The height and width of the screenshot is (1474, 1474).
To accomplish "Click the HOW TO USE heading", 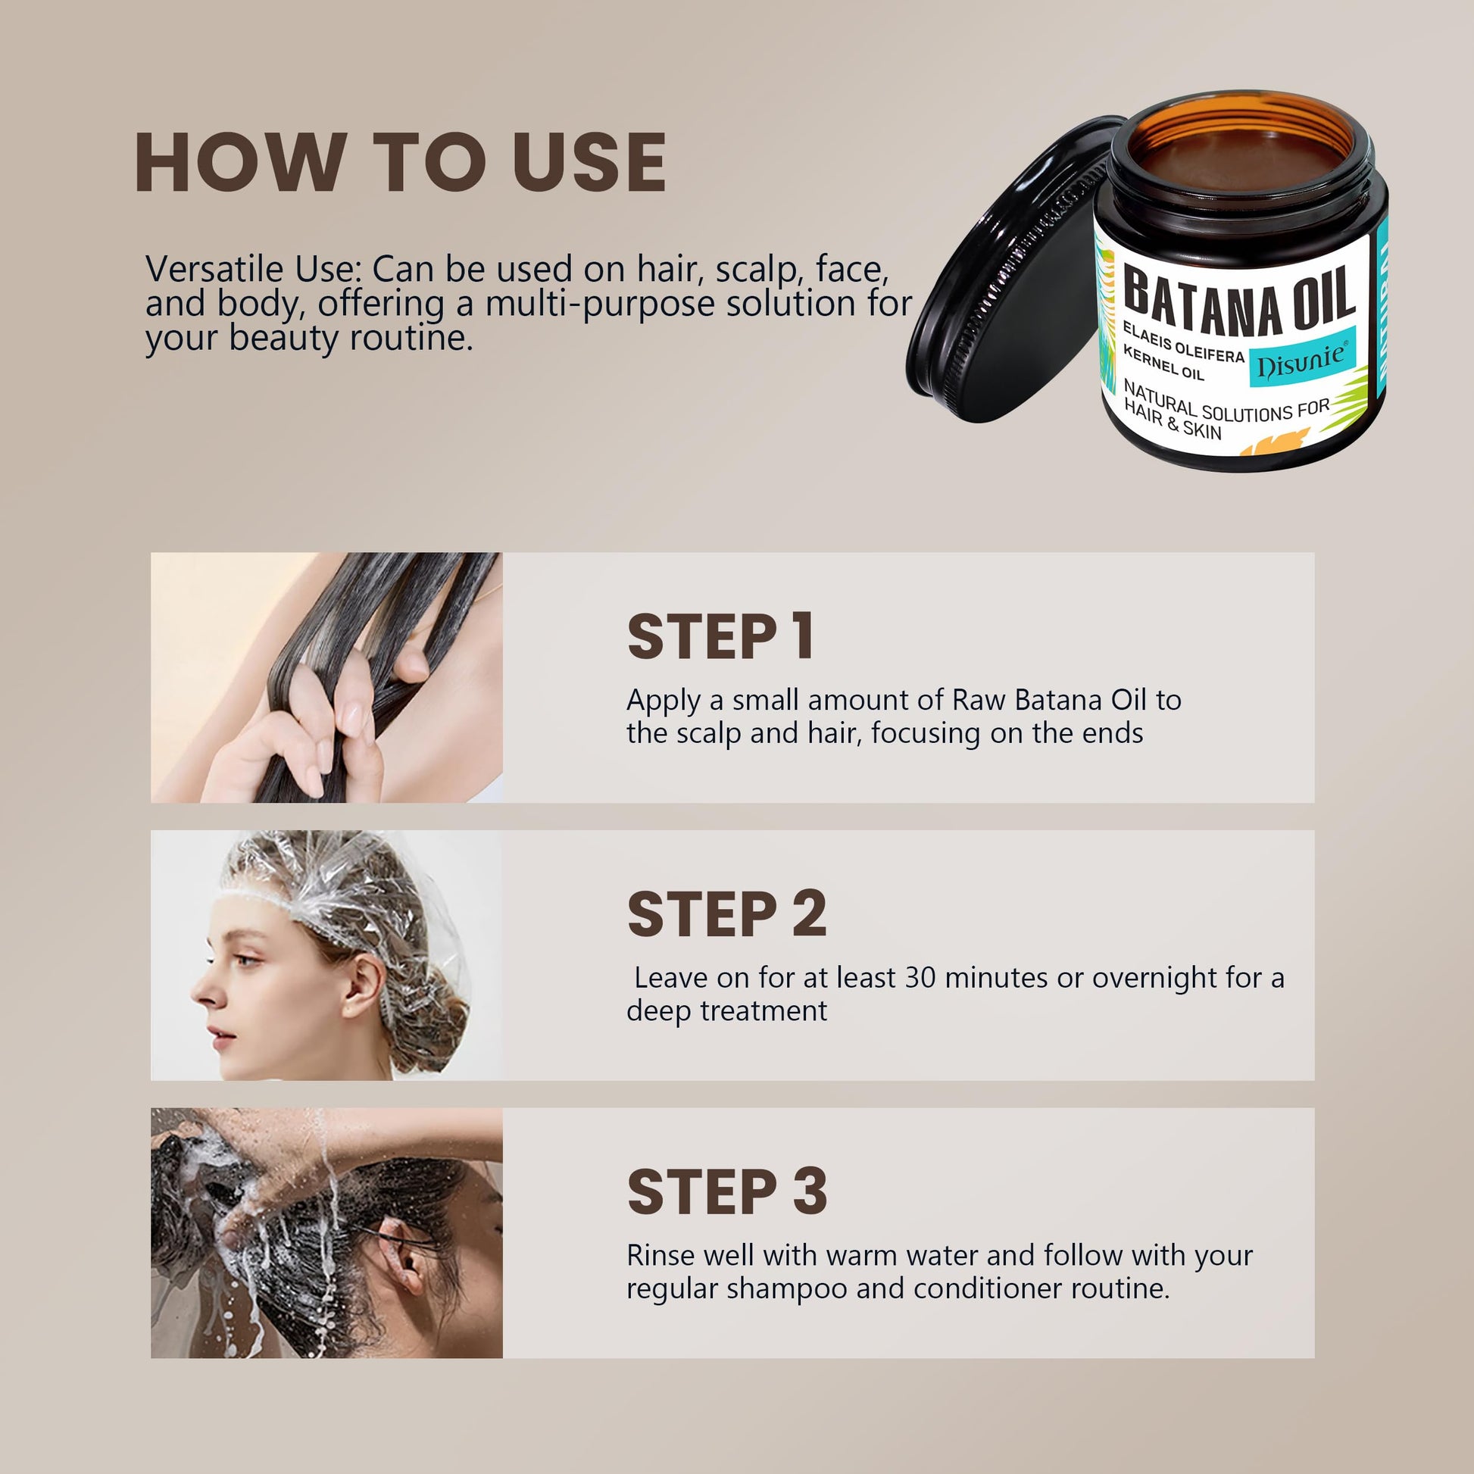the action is coord(401,162).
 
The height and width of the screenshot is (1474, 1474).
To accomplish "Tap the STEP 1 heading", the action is coord(720,637).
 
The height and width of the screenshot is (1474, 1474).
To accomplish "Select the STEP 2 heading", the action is coord(726,914).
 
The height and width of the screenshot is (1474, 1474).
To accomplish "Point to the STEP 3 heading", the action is coord(726,1191).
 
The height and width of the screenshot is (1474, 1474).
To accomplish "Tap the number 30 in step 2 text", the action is coord(920,977).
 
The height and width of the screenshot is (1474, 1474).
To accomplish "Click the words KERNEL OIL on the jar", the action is coord(1163,362).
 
